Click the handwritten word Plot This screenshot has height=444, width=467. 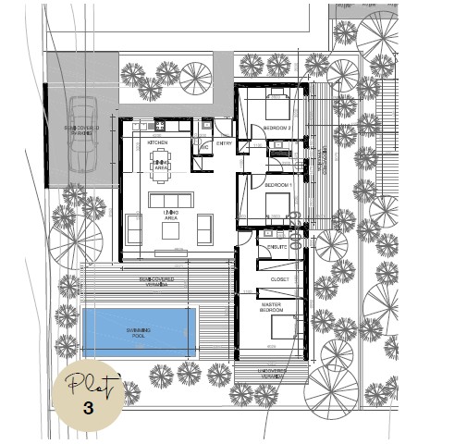88,385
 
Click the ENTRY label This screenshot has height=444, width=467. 225,143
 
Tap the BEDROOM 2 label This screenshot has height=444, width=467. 277,128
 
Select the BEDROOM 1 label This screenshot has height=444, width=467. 278,186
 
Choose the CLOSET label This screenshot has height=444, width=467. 279,278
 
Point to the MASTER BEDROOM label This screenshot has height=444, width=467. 271,308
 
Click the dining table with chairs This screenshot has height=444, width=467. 161,161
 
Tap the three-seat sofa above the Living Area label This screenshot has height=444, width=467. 170,200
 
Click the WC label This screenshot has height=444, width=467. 204,148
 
